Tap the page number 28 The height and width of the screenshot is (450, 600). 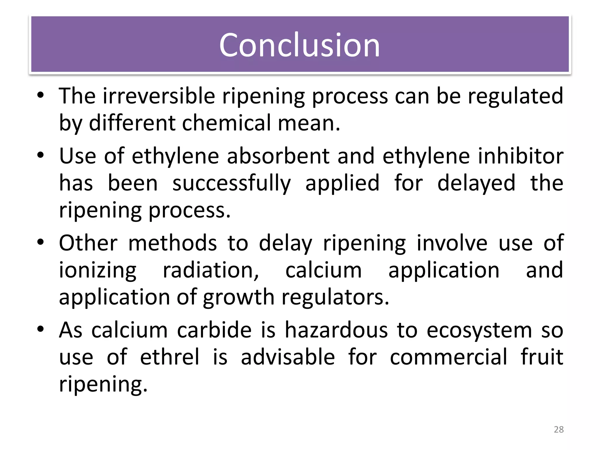tap(559, 429)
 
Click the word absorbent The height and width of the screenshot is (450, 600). tap(278, 156)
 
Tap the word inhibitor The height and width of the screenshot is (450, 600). tap(521, 156)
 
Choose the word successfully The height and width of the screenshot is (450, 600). tap(231, 183)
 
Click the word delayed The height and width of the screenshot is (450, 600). tap(476, 183)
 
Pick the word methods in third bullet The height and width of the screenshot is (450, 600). tap(173, 243)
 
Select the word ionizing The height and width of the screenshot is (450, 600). tap(98, 270)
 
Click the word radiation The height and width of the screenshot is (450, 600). tap(211, 270)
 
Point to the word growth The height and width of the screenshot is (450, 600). tap(238, 297)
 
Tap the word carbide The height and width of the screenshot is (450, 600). tap(214, 330)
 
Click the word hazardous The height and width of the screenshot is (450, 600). tap(337, 330)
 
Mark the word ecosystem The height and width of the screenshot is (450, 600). tap(479, 330)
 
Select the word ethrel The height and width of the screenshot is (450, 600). tap(170, 357)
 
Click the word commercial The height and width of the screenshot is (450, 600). tap(449, 357)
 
